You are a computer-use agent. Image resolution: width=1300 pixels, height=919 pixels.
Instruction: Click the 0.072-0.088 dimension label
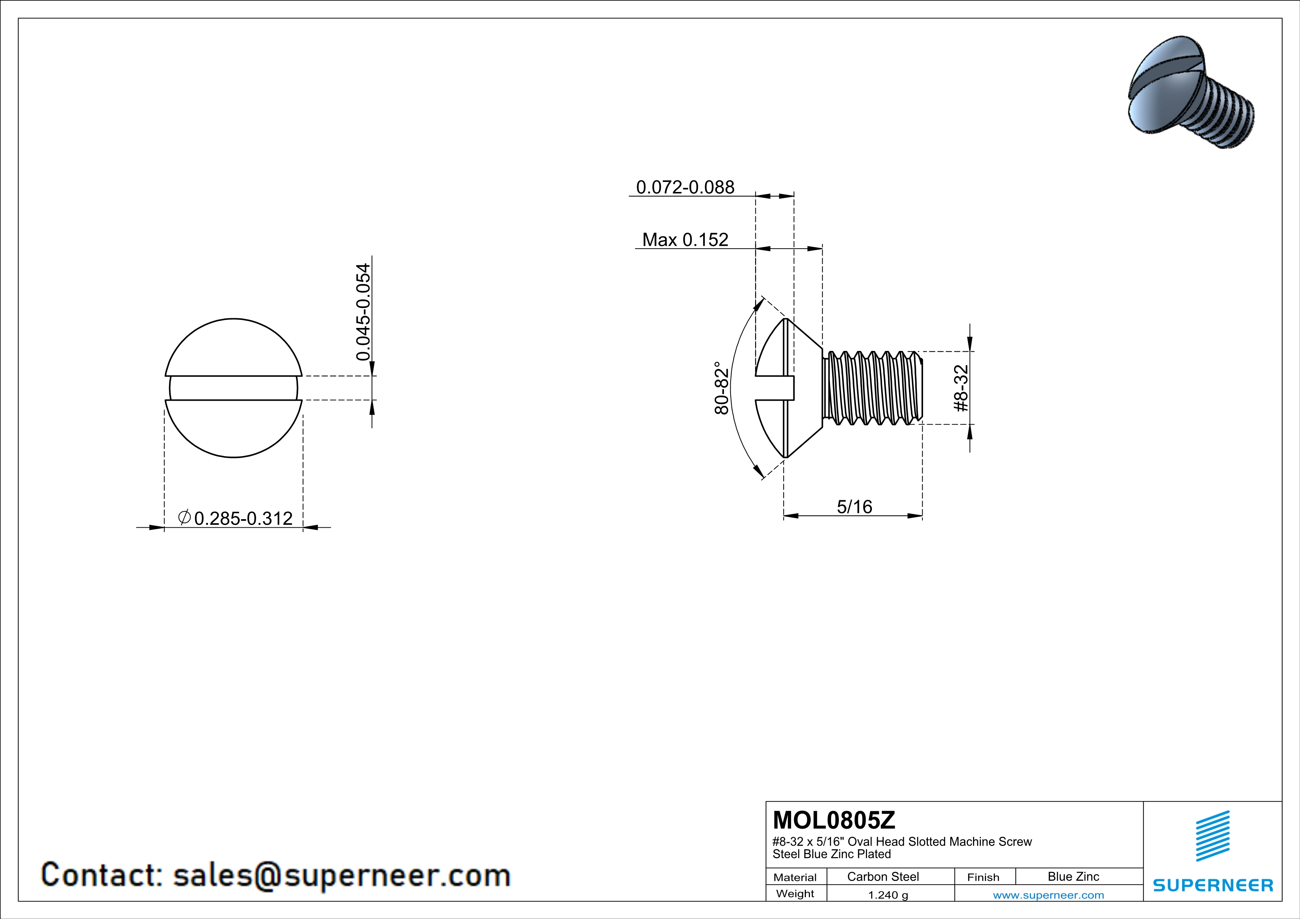tap(685, 187)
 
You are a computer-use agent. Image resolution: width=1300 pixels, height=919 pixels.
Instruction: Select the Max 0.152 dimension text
tap(685, 240)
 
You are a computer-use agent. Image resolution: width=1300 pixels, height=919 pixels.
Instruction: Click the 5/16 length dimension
tap(854, 507)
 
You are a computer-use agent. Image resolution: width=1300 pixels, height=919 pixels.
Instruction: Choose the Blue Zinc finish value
tap(1074, 876)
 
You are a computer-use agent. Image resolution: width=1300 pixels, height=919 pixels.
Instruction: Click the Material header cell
tap(795, 877)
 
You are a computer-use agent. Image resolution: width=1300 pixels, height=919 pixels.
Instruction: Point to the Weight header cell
tap(795, 893)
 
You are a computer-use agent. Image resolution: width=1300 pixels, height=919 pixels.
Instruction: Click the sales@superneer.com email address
tap(341, 875)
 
